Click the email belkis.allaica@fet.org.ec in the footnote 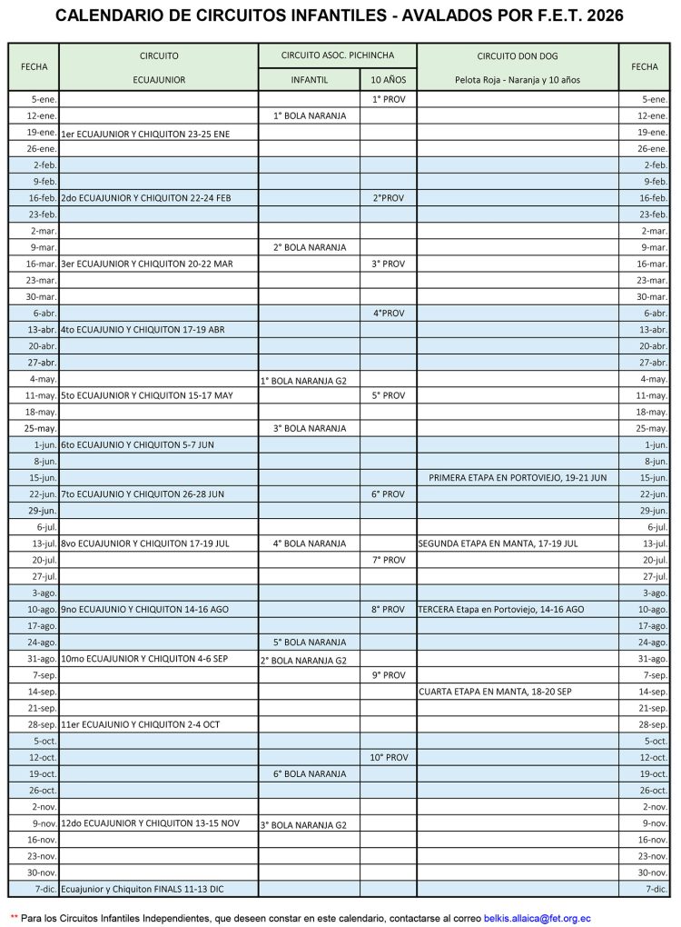[x=537, y=919]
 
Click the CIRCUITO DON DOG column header [x=517, y=55]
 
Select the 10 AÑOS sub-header [x=388, y=79]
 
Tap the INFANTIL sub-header [x=309, y=79]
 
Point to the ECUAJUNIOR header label [x=159, y=79]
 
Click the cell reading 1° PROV [x=388, y=99]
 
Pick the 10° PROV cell [x=388, y=757]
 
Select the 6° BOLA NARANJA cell [x=309, y=773]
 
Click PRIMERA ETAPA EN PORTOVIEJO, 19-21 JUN [x=518, y=477]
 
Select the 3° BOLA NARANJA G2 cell [x=303, y=825]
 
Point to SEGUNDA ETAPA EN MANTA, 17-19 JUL [x=498, y=543]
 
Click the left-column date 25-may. [x=41, y=428]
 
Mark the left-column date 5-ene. [x=44, y=99]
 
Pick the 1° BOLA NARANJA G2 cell [x=303, y=380]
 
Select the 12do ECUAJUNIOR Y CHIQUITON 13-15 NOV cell [x=150, y=822]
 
